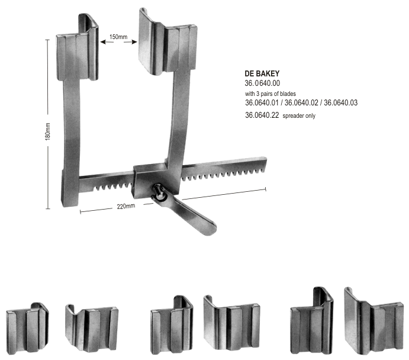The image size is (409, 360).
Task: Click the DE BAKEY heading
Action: [x=262, y=73]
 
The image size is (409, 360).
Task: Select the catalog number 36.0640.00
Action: [x=262, y=83]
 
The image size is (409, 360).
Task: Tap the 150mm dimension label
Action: [x=118, y=37]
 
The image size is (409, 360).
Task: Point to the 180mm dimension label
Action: [x=47, y=131]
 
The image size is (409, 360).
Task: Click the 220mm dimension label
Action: [x=126, y=206]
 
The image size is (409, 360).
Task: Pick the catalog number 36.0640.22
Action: [x=262, y=115]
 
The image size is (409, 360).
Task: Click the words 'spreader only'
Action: [x=299, y=116]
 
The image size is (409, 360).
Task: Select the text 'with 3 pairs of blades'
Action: [x=270, y=94]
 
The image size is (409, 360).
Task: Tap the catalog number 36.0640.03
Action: [x=341, y=103]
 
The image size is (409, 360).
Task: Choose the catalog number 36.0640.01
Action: [x=262, y=103]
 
